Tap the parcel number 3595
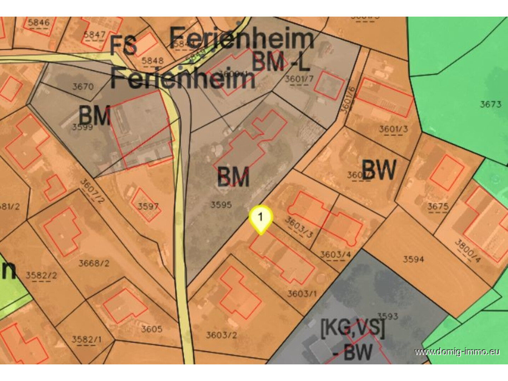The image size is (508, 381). tap(221, 204)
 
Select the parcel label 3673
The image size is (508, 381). tap(490, 104)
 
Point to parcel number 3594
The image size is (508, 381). tap(413, 259)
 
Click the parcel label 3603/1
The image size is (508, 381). tap(302, 294)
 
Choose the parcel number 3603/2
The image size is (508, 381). tap(221, 335)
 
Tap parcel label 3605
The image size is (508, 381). tap(151, 329)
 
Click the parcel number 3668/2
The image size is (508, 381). tap(94, 263)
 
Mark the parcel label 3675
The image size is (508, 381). tap(438, 206)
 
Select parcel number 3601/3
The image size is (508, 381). tap(393, 129)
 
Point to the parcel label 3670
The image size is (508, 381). tap(83, 86)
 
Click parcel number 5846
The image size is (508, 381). tap(39, 23)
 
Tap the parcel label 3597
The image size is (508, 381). tap(148, 206)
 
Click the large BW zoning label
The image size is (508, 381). tap(379, 170)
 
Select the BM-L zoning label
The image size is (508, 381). tap(281, 61)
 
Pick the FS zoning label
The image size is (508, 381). tap(123, 45)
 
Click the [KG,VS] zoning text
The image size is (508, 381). tap(352, 328)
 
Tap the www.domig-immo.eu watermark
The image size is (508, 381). tap(457, 352)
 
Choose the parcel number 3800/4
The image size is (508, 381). tap(468, 251)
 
